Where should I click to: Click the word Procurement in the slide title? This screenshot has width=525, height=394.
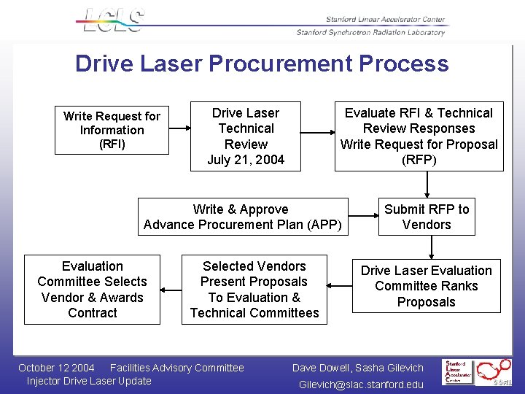279,63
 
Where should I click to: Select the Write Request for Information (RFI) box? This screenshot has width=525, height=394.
112,130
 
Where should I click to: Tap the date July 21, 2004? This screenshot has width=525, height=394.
246,159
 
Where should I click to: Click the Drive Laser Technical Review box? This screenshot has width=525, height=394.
246,136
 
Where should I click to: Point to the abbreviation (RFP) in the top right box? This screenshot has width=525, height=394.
419,160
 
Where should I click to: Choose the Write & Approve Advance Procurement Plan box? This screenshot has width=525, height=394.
243,217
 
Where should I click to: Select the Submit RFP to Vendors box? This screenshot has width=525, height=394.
427,217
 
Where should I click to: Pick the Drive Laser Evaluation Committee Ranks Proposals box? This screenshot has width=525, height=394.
427,286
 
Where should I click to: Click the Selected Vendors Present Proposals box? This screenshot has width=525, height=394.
254,290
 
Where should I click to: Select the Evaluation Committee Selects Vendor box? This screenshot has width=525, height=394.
93,290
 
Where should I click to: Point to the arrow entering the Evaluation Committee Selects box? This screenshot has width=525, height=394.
171,290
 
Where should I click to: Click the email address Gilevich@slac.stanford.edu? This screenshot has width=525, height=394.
361,385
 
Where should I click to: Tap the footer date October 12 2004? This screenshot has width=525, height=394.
56,368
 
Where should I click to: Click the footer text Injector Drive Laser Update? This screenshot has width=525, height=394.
89,381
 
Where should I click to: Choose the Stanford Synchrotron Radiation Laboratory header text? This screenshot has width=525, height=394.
370,32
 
